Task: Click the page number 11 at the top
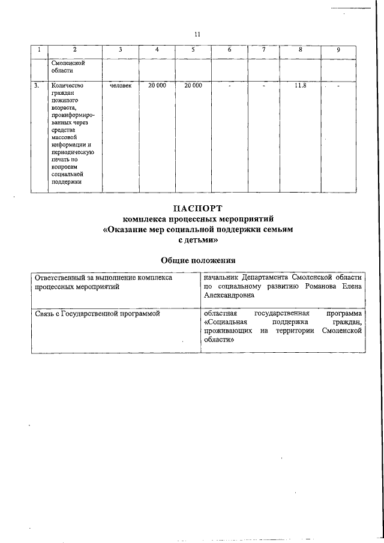pos(197,34)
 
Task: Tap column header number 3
pos(121,50)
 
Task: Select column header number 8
pos(301,50)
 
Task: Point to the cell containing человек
pos(121,86)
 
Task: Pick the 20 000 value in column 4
pos(157,86)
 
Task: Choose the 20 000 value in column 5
pos(193,86)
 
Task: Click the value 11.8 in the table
pos(301,86)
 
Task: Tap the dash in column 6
pos(229,86)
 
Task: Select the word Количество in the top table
pos(68,86)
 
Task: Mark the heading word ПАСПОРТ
pos(197,209)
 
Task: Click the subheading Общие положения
pos(197,260)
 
